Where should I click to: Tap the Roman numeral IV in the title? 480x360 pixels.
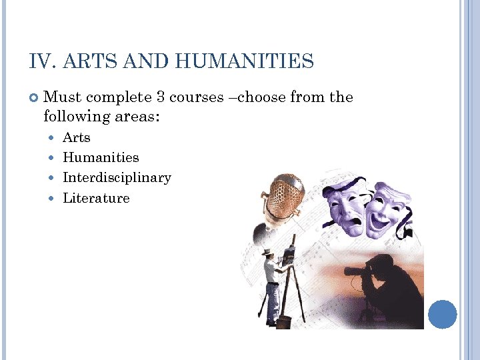pyautogui.click(x=41, y=62)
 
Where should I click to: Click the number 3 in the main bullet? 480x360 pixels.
pyautogui.click(x=160, y=97)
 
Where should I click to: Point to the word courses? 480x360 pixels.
pyautogui.click(x=197, y=97)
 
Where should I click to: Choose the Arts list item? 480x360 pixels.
pyautogui.click(x=77, y=138)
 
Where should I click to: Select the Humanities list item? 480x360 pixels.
pyautogui.click(x=101, y=158)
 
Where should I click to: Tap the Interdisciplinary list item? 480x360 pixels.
pyautogui.click(x=117, y=178)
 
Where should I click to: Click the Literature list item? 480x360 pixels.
pyautogui.click(x=96, y=198)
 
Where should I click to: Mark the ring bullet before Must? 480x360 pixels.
pyautogui.click(x=34, y=98)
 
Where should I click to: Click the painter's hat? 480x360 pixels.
pyautogui.click(x=267, y=251)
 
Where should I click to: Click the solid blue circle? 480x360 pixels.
pyautogui.click(x=442, y=314)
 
